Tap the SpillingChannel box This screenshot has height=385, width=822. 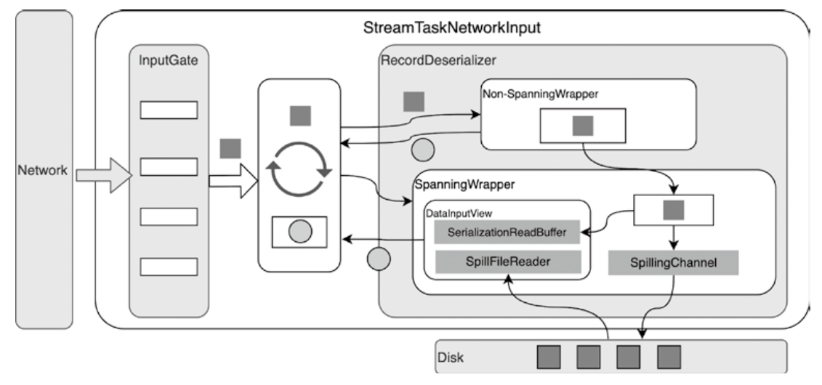pos(673,263)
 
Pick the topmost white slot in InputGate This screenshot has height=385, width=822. pos(169,110)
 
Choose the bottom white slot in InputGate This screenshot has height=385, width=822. pos(169,266)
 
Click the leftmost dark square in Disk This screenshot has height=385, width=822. pos(549,357)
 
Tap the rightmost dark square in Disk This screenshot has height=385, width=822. pos(669,357)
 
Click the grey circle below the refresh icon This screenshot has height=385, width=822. pos(300,232)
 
